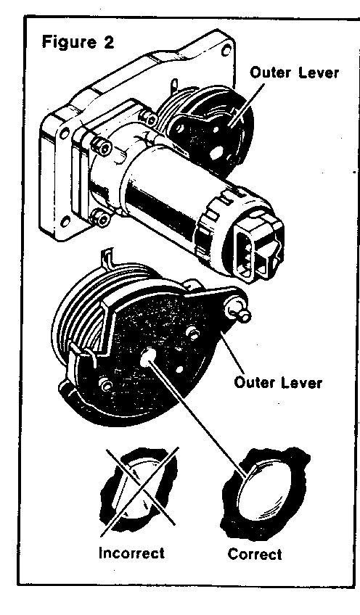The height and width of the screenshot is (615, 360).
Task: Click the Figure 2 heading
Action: (x=78, y=41)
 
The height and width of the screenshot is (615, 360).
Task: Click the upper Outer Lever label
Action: (x=294, y=73)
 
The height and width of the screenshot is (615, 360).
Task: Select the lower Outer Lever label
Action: (x=277, y=382)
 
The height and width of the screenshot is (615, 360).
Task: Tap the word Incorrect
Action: (x=131, y=553)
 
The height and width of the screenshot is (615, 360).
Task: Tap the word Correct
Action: (x=254, y=554)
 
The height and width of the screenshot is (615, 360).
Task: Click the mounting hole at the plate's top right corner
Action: (x=226, y=51)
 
